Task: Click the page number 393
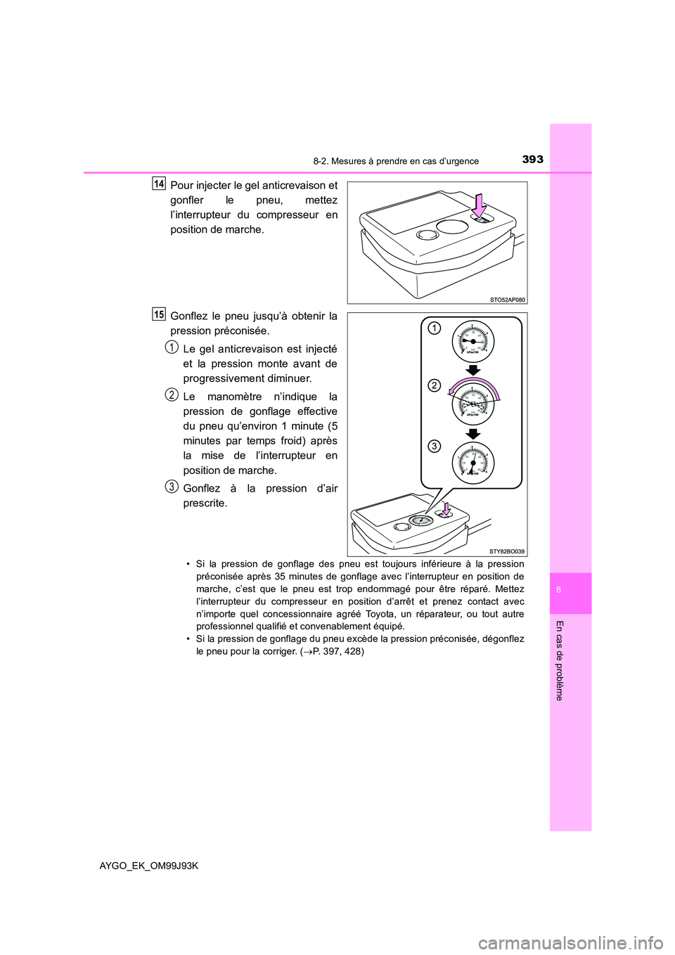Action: [532, 160]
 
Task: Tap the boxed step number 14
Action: [159, 184]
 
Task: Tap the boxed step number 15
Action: [159, 314]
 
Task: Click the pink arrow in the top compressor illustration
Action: [480, 206]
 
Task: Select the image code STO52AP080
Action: [507, 300]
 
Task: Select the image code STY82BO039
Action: [507, 552]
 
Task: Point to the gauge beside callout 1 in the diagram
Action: [473, 341]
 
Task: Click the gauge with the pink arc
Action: [473, 402]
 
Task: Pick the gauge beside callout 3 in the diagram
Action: [473, 463]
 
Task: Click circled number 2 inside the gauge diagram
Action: [435, 385]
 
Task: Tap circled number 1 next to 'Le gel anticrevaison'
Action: [172, 347]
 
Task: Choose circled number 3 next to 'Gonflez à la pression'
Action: [172, 486]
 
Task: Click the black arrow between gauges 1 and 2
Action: [473, 370]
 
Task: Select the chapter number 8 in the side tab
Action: [558, 590]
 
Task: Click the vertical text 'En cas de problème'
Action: [560, 660]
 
